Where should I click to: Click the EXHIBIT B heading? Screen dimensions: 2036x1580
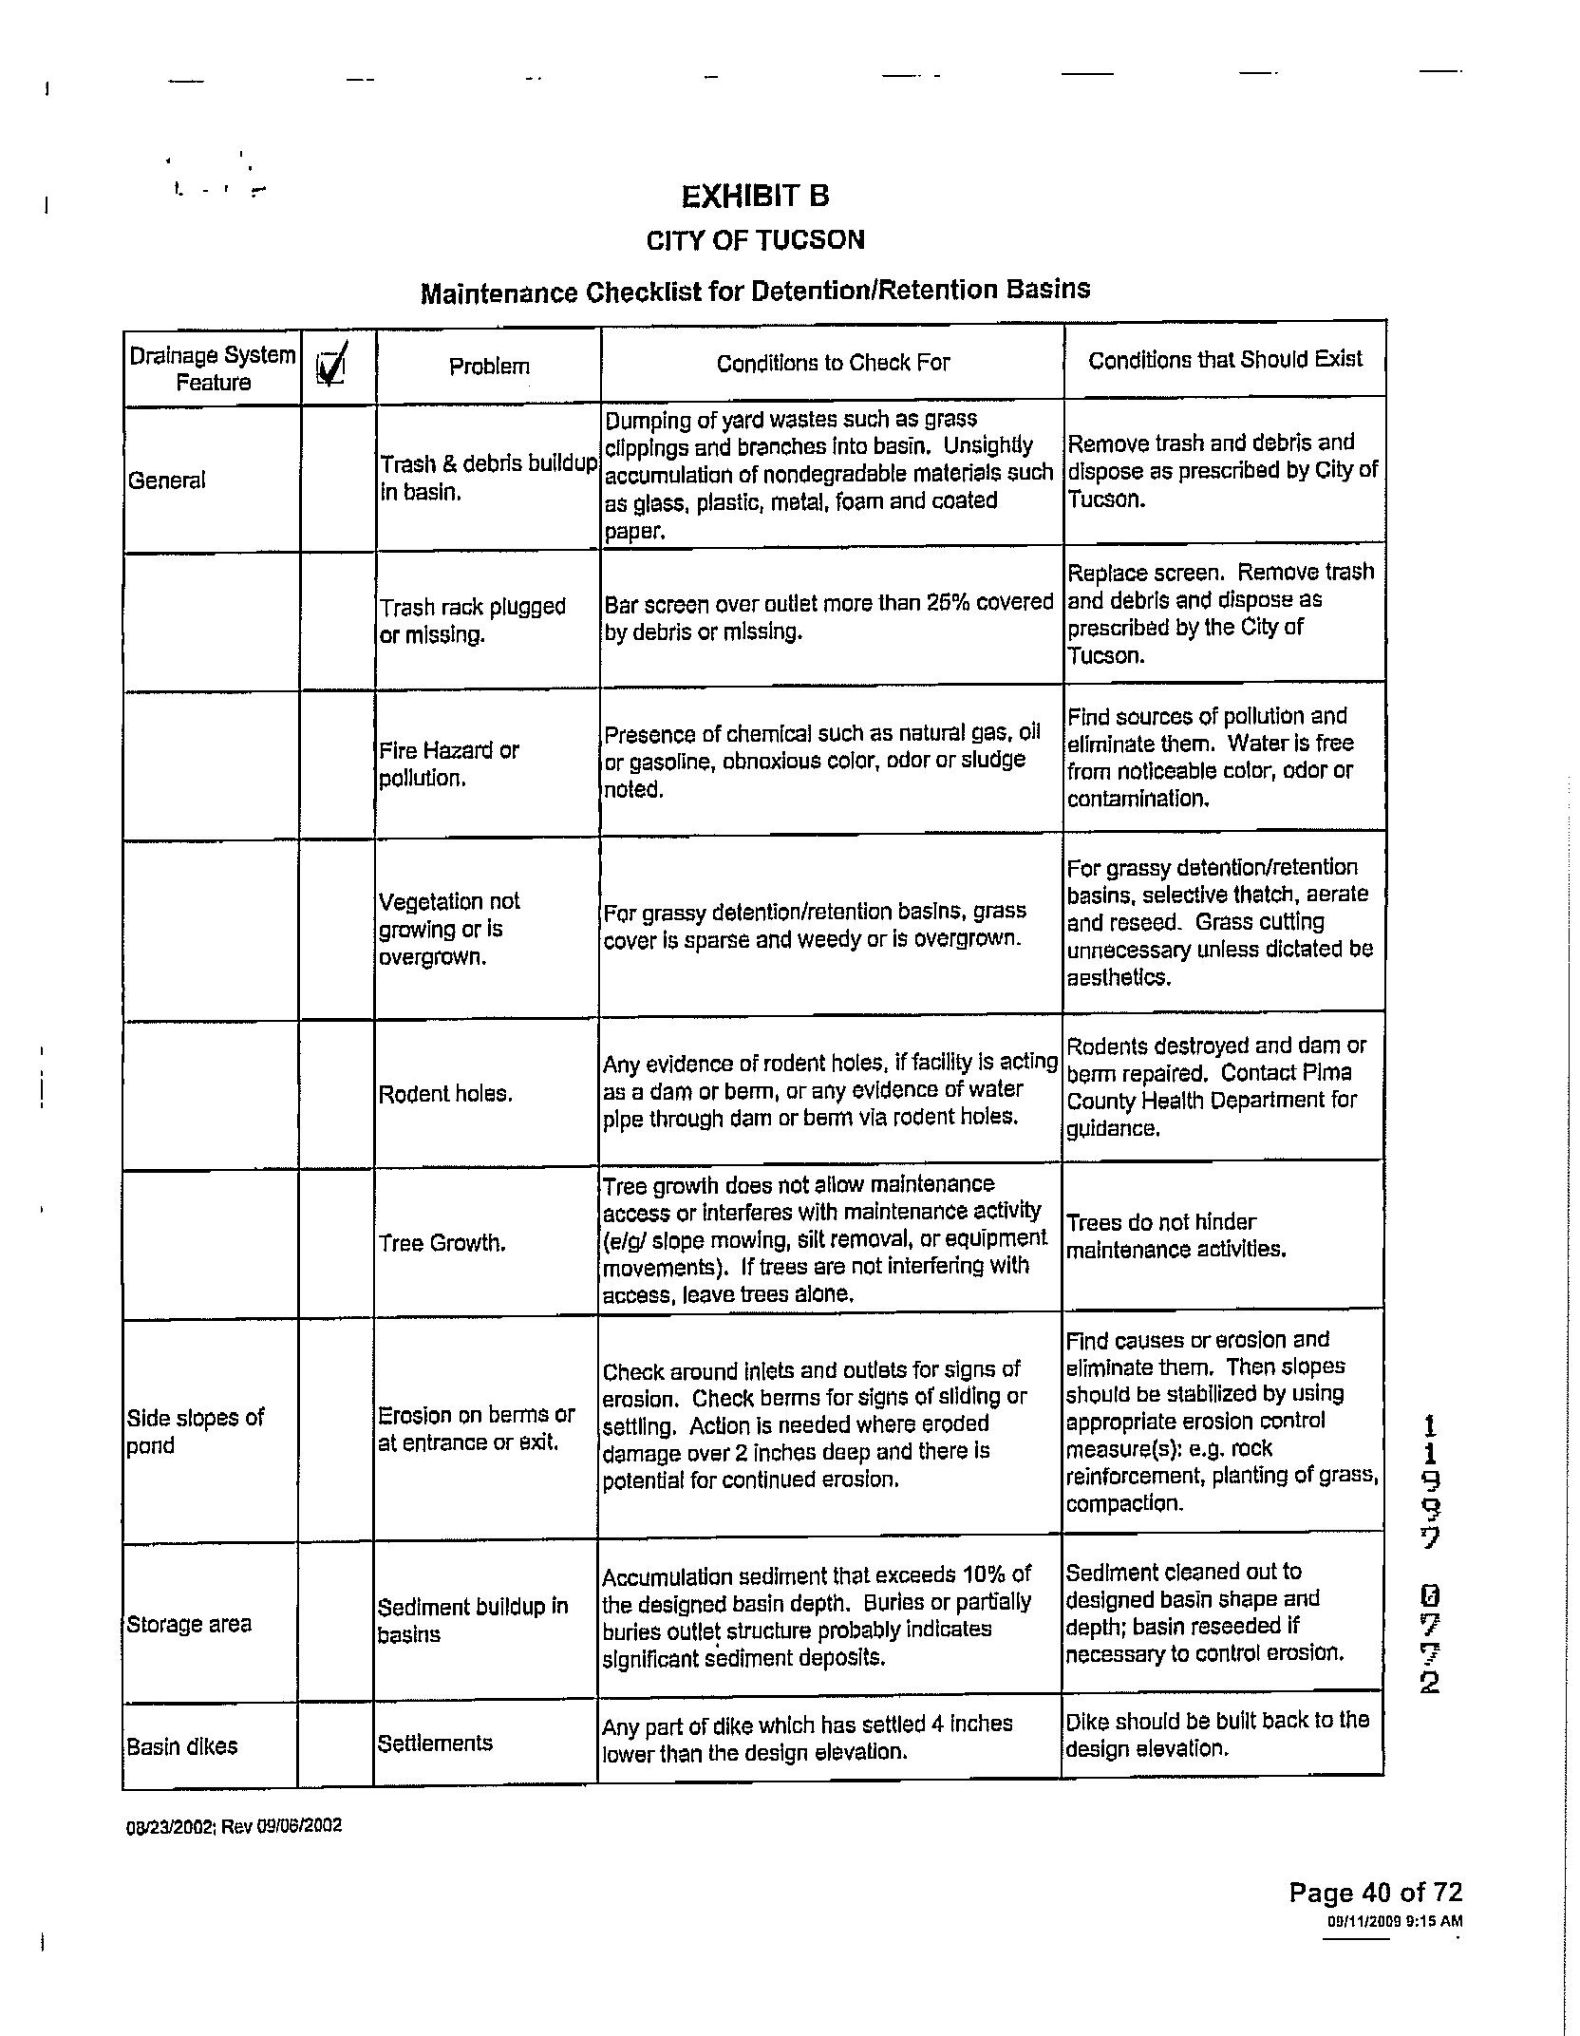755,197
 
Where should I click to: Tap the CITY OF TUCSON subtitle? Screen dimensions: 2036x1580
755,240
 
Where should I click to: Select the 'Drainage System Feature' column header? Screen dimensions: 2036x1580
213,368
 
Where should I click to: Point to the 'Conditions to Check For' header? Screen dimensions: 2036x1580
833,364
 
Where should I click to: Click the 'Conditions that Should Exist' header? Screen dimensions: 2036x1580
1225,360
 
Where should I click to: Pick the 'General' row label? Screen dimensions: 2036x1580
167,481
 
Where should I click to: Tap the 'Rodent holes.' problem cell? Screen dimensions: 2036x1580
445,1094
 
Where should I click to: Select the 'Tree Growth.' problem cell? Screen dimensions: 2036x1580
442,1243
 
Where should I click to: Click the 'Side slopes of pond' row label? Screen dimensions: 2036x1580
196,1431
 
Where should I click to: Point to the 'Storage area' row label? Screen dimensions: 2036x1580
189,1624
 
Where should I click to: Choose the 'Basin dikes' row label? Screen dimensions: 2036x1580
182,1746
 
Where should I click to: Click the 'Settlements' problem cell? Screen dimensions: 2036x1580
435,1743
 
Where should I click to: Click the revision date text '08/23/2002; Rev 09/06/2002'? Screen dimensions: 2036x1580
234,1826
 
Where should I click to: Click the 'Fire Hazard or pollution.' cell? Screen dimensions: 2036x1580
449,764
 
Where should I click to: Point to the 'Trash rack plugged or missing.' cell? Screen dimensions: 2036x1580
473,620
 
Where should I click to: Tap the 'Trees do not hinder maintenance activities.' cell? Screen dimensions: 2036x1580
1176,1235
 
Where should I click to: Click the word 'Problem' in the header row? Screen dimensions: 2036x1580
489,367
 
